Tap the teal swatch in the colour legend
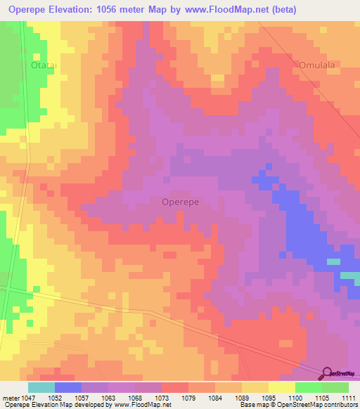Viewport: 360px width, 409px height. click(x=41, y=387)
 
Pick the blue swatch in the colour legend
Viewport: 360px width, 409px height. click(x=68, y=387)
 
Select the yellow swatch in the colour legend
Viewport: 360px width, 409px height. click(x=282, y=387)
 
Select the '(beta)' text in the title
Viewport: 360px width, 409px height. click(x=281, y=10)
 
